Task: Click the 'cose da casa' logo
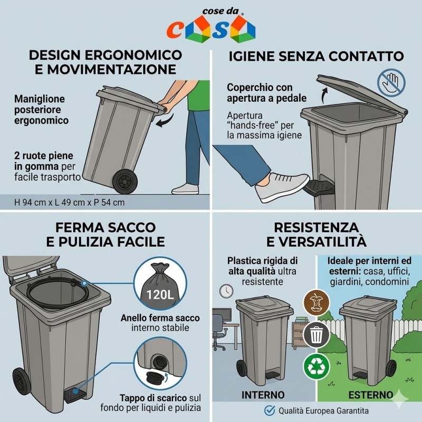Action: (210, 25)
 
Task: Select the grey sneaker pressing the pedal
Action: (282, 187)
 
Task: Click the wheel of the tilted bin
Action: (125, 181)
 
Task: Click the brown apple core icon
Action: (316, 303)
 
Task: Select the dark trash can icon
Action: (316, 335)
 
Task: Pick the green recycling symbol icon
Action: (316, 367)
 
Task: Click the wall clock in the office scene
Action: (226, 291)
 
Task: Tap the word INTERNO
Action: (263, 395)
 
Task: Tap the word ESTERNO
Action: (371, 395)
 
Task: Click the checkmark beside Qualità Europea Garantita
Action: (270, 411)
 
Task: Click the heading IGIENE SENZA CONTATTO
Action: (316, 56)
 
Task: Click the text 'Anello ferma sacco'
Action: (160, 318)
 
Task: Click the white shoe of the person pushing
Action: (185, 189)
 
